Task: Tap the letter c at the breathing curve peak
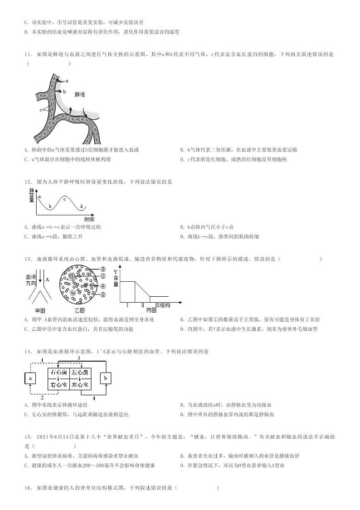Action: tap(64, 199)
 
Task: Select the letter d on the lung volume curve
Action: tap(81, 206)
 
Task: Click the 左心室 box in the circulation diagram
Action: tap(80, 384)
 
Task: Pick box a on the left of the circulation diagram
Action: tap(30, 378)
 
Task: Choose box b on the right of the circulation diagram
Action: tap(105, 378)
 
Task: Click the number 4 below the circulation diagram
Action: tap(94, 398)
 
